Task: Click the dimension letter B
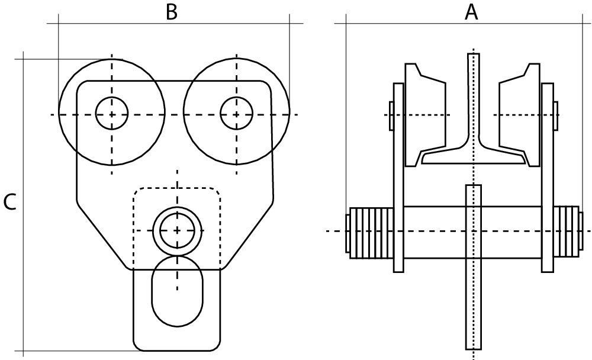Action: [172, 12]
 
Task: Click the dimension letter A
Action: [471, 12]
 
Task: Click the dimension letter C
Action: [9, 202]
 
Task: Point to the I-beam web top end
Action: [474, 54]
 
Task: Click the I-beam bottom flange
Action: [474, 157]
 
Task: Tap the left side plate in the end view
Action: [398, 178]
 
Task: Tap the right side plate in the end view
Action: [548, 178]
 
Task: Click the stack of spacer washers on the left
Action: [372, 233]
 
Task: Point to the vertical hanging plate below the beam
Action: [474, 267]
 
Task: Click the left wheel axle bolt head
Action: [391, 115]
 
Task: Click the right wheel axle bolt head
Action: [556, 115]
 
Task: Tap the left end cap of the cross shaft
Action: [348, 233]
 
